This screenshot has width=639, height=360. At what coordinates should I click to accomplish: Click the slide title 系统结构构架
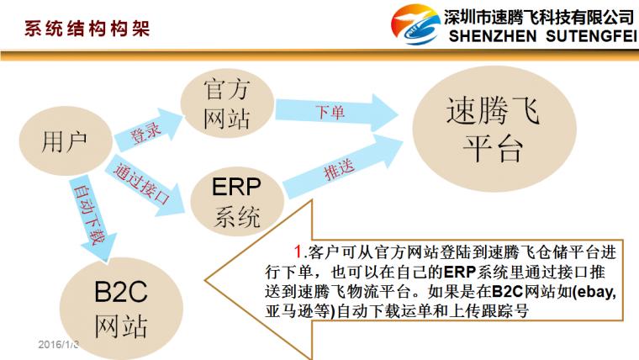tap(87, 29)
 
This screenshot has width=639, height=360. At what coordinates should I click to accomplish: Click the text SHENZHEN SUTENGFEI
tap(542, 36)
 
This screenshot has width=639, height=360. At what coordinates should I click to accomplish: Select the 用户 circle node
tap(66, 141)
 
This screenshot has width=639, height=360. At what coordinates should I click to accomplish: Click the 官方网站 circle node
tap(227, 103)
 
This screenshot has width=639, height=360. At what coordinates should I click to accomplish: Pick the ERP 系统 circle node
tap(237, 201)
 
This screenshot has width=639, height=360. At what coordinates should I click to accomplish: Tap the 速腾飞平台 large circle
tap(494, 129)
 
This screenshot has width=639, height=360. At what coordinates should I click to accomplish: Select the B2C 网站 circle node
tap(121, 308)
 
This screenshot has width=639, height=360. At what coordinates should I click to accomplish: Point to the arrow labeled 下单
tap(336, 112)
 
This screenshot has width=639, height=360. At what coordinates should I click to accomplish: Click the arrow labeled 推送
tap(342, 167)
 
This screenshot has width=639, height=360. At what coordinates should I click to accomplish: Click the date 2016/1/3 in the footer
tap(58, 345)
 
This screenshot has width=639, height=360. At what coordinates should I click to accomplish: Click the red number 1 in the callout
tap(298, 251)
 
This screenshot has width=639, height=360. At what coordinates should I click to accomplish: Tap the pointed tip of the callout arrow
tap(205, 280)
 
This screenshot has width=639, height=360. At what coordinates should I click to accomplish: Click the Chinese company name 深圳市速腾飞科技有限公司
tap(539, 17)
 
